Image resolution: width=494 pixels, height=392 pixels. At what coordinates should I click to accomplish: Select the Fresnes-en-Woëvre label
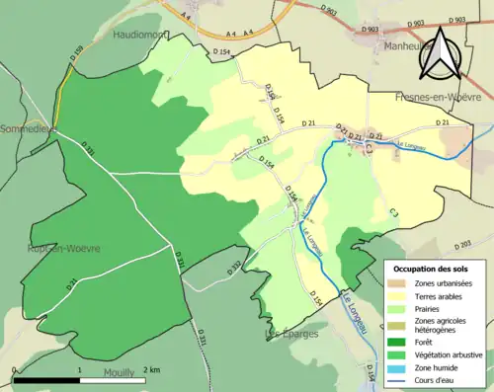click(438, 98)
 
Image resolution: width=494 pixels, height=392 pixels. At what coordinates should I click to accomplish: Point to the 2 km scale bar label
click(149, 369)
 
